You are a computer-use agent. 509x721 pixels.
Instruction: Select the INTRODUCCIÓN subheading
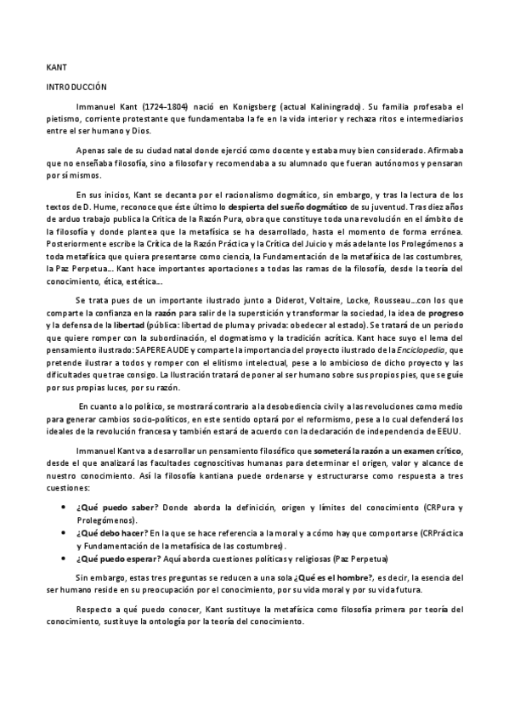point(76,87)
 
